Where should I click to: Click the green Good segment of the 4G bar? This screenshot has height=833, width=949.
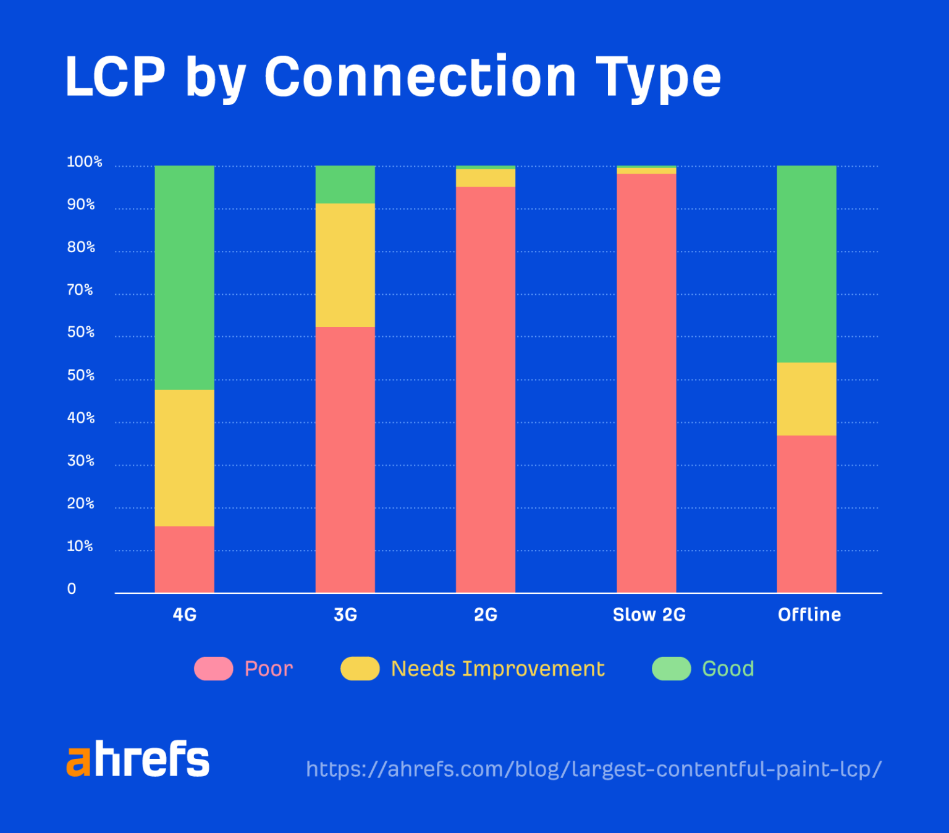184,277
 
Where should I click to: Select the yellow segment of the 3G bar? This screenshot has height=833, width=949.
345,265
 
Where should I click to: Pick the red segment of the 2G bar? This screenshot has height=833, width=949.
486,389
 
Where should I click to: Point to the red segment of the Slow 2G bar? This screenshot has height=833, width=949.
646,383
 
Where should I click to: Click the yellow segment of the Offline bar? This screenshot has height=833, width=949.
806,399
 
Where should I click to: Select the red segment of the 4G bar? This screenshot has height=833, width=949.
184,559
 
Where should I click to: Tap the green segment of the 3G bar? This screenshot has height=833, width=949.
345,184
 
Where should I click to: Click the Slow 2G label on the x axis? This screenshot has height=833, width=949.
649,615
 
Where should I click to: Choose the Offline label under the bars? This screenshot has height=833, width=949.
809,615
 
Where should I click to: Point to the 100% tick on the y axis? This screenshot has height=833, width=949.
84,162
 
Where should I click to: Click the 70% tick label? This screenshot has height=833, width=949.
80,290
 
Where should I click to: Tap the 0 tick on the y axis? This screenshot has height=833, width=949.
72,589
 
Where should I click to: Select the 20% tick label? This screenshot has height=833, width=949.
80,504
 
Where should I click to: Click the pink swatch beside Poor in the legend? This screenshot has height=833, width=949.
214,669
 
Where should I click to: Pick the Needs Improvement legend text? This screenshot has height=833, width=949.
497,669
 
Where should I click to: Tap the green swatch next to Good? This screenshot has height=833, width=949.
672,669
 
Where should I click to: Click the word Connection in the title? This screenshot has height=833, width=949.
420,77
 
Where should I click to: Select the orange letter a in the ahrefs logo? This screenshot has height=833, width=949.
78,761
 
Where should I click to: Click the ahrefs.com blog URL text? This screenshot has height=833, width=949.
593,769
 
